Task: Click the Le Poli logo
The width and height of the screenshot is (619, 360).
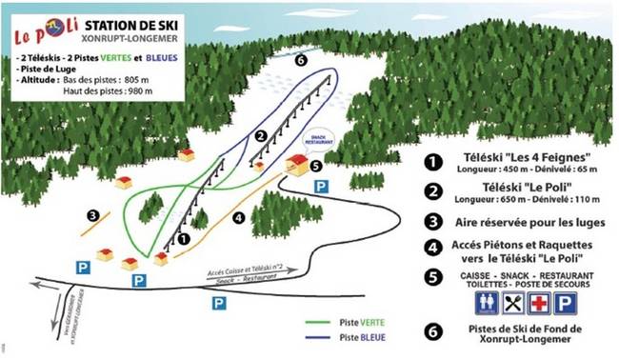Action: pyautogui.click(x=42, y=32)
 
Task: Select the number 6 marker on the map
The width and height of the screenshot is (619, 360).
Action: pyautogui.click(x=301, y=60)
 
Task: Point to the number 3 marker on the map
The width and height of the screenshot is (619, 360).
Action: pyautogui.click(x=91, y=215)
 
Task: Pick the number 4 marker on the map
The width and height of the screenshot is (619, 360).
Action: pyautogui.click(x=238, y=216)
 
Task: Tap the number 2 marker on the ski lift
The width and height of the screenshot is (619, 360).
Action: pyautogui.click(x=259, y=135)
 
